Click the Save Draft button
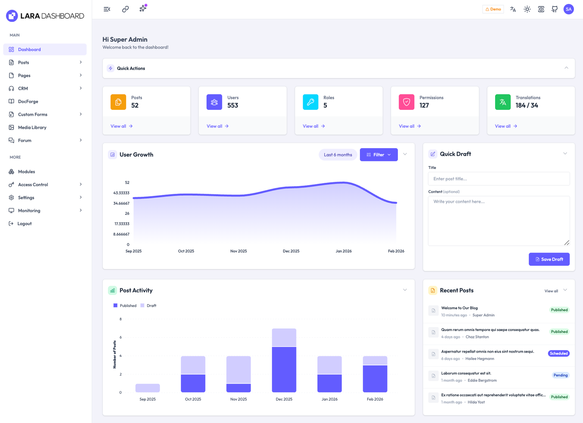pos(549,259)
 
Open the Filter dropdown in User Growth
pos(379,155)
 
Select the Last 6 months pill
pos(338,155)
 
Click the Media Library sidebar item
pos(32,127)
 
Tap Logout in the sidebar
pos(24,224)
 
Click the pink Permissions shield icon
pos(406,102)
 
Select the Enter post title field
pos(498,179)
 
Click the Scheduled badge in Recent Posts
pos(559,353)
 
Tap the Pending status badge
pos(560,375)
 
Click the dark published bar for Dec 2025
pos(284,369)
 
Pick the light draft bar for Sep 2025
pos(148,388)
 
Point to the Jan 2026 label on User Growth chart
pos(344,251)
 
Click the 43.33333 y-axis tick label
pos(121,193)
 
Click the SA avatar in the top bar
pos(568,9)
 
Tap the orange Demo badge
pos(493,9)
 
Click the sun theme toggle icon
pos(527,9)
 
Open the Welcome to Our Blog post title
pos(459,308)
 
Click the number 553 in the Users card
pos(232,105)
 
